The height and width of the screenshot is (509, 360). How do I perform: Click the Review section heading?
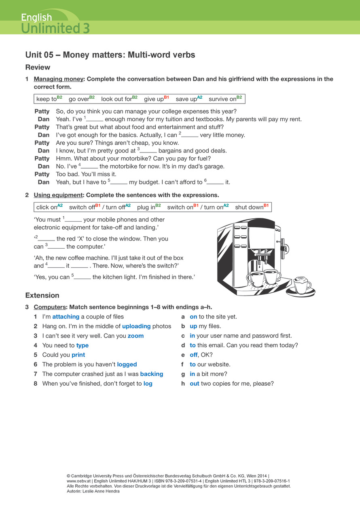(38, 67)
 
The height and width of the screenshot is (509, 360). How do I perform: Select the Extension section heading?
(42, 295)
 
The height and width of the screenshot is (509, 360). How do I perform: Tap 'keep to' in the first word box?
(47, 99)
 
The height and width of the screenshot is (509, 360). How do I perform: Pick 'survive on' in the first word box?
(222, 99)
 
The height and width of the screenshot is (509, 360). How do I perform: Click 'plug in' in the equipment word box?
(146, 207)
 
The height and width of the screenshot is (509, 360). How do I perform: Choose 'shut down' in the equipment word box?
(249, 207)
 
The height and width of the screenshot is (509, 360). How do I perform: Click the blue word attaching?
(66, 317)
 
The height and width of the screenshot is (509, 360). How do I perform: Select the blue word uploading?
(136, 326)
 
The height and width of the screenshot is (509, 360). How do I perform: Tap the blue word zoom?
(136, 336)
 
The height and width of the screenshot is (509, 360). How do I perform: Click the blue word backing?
(152, 374)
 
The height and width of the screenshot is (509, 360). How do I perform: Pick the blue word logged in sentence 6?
(127, 364)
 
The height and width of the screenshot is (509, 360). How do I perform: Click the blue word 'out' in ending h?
(195, 384)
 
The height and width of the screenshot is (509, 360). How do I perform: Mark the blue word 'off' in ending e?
(193, 355)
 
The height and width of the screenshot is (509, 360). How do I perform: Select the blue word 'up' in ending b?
(193, 326)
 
